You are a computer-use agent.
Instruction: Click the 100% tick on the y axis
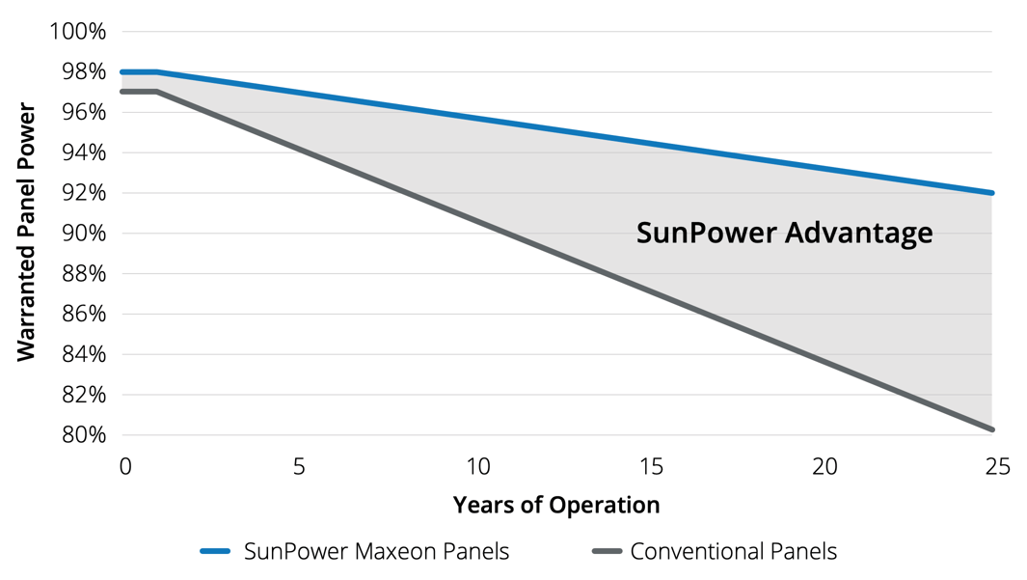click(77, 32)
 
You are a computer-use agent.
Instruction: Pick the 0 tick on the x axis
click(124, 467)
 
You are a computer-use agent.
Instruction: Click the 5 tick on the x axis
click(299, 467)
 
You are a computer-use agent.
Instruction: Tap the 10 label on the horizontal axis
click(478, 467)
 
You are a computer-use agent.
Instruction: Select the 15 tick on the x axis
click(652, 467)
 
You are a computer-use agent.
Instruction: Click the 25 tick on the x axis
click(998, 467)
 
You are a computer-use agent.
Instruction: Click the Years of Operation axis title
click(556, 505)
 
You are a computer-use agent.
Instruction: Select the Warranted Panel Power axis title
click(26, 233)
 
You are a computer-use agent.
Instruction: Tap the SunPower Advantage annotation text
click(784, 233)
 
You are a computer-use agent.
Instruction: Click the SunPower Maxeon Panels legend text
click(376, 552)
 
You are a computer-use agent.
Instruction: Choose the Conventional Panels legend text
click(733, 552)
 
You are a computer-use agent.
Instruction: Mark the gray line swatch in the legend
click(607, 552)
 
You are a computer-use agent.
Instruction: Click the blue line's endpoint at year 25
click(990, 193)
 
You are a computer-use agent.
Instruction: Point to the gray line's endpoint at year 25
click(990, 428)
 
